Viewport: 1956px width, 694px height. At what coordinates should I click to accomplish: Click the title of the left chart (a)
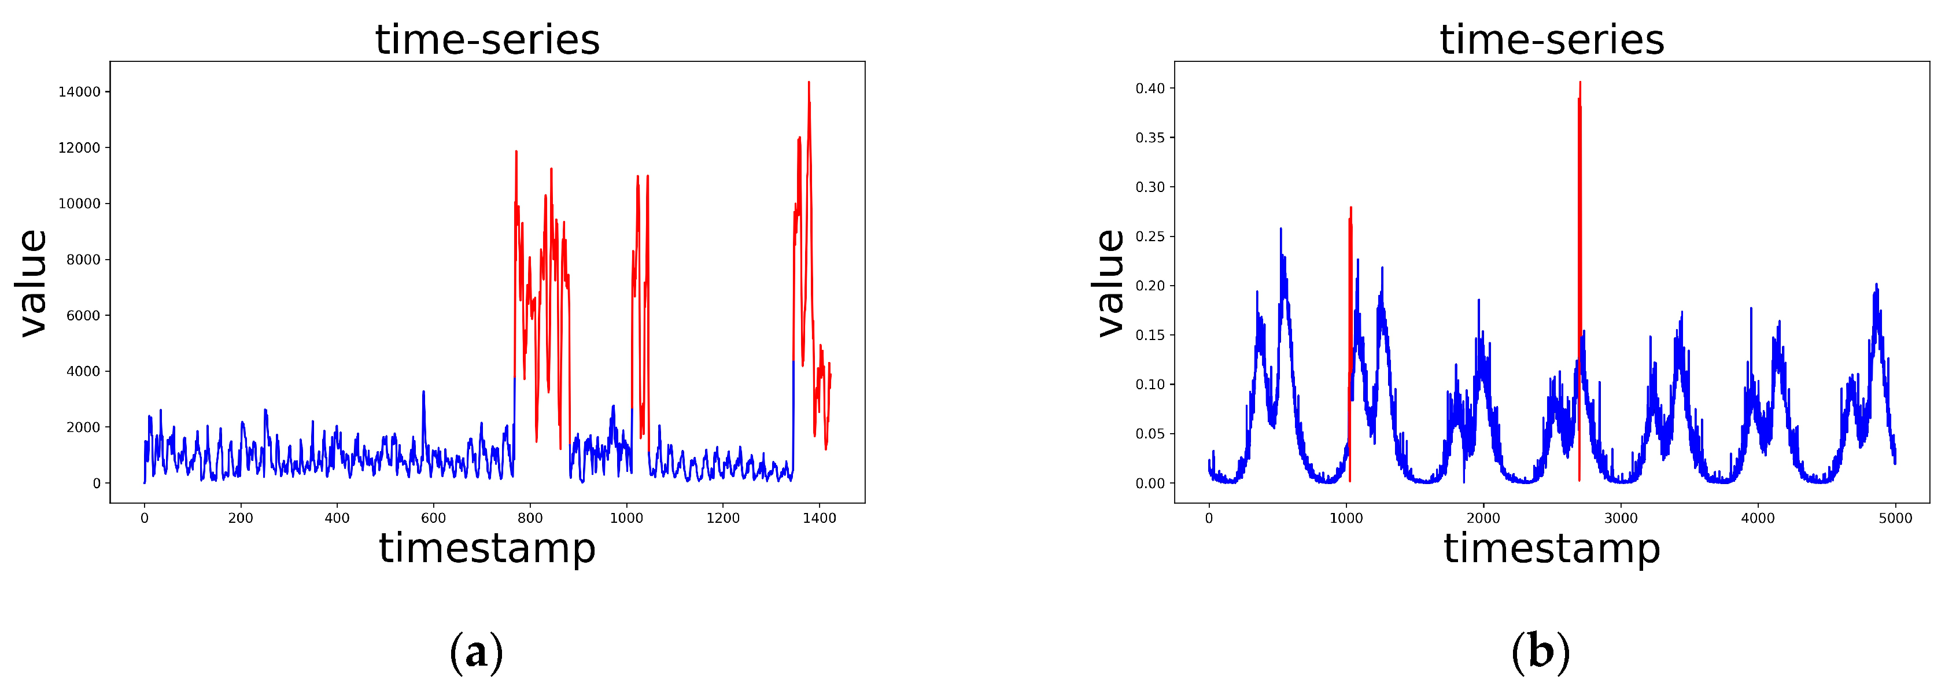click(488, 39)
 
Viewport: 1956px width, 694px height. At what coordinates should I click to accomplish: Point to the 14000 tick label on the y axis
click(79, 92)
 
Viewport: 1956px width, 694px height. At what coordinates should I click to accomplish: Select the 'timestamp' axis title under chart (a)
click(488, 548)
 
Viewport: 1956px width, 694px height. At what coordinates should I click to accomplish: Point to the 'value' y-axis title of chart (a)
click(32, 282)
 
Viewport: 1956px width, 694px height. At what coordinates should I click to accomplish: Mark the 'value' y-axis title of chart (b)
click(1110, 282)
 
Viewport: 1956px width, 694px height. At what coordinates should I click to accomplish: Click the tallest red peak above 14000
click(809, 83)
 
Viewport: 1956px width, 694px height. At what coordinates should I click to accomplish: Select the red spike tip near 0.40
click(1580, 83)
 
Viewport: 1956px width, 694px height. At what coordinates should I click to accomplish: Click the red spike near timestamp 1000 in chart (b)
click(1351, 208)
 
